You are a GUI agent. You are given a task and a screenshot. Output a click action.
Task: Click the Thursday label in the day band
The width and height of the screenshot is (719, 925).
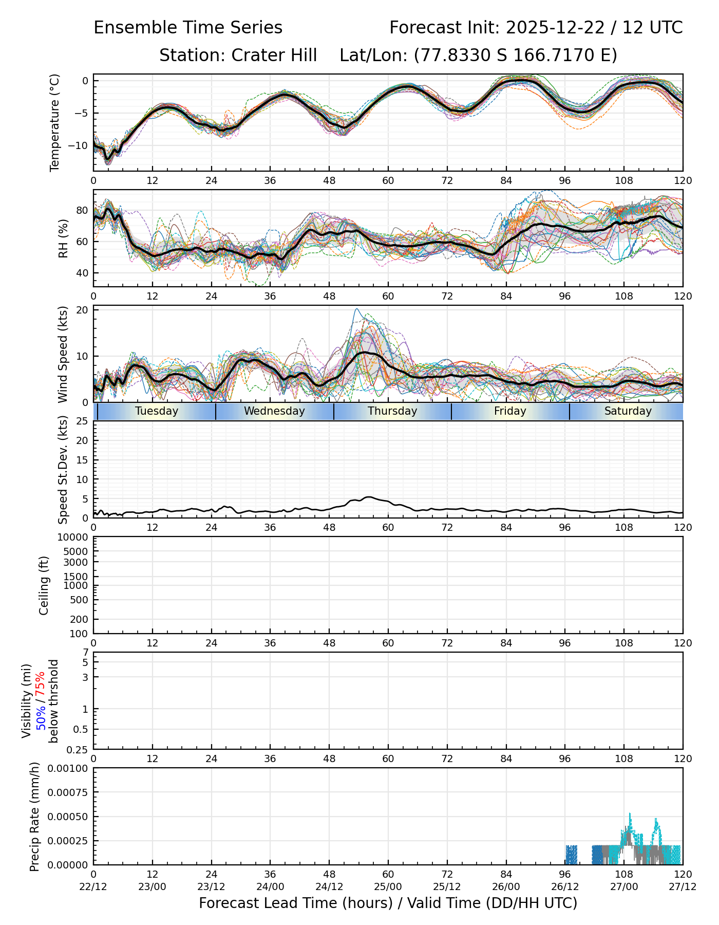tap(392, 411)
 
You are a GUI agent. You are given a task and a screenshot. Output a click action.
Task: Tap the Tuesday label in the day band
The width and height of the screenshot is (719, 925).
tap(157, 411)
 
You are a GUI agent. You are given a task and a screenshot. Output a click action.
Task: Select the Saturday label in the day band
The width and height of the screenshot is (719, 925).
tap(628, 411)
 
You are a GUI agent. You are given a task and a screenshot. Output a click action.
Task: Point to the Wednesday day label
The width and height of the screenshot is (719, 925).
tap(274, 411)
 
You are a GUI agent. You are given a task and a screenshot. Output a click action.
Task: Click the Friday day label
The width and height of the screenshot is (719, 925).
tap(510, 411)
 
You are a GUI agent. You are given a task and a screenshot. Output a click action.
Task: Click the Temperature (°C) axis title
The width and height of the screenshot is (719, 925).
tap(55, 122)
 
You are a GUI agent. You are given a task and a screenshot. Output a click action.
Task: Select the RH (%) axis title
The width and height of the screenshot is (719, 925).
tap(63, 238)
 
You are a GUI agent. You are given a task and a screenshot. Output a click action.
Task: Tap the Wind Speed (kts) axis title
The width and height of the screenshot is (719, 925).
tap(63, 354)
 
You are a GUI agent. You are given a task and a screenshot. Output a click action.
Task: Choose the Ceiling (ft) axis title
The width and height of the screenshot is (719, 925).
tap(44, 585)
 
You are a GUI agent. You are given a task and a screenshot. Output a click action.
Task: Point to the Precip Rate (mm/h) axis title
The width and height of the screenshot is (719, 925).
tap(35, 817)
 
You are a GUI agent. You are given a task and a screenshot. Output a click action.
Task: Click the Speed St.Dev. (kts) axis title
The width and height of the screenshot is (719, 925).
tap(63, 470)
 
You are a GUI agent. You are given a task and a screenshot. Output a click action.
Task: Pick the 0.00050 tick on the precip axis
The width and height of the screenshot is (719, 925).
tap(68, 817)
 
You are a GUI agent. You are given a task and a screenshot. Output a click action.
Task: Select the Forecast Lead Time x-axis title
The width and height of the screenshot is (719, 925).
tap(388, 903)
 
